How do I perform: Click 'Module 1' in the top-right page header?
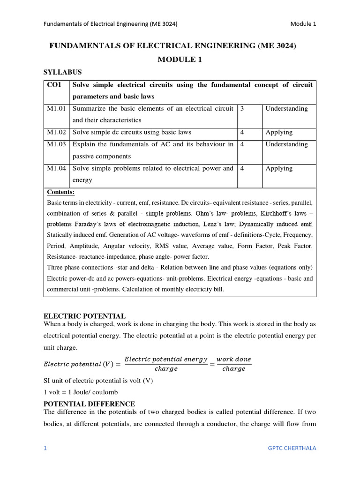(303, 24)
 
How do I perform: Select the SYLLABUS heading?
(62, 72)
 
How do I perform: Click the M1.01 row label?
(56, 109)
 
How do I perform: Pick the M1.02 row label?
(56, 133)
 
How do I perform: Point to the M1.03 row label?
(56, 144)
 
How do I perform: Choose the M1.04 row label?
(56, 168)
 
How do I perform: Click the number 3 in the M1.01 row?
(242, 109)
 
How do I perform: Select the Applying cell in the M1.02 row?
(279, 133)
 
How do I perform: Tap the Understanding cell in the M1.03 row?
(286, 144)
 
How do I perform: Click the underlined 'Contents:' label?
(60, 192)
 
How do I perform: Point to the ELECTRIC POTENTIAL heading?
(84, 316)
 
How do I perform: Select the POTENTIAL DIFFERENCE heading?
(89, 404)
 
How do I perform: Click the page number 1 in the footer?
(45, 448)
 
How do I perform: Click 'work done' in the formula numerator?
(233, 360)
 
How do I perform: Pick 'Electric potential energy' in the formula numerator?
(166, 360)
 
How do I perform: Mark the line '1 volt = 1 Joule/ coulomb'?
(81, 392)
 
